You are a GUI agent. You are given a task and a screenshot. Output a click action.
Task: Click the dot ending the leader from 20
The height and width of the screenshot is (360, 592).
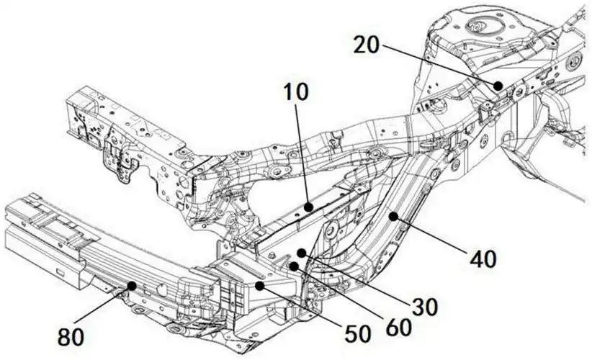point(498,85)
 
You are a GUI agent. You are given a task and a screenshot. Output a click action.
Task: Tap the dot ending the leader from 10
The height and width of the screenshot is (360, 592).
point(308,207)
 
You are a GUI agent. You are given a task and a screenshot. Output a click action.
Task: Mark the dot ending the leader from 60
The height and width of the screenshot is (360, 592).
point(294,266)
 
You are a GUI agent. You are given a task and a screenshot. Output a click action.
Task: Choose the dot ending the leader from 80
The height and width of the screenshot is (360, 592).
point(131,286)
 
